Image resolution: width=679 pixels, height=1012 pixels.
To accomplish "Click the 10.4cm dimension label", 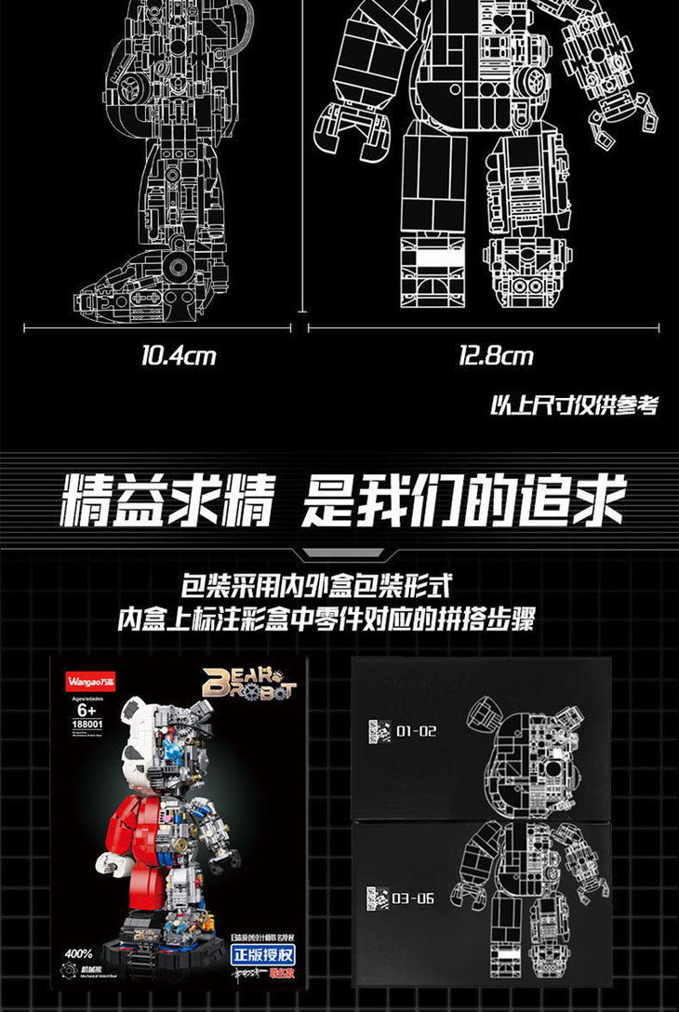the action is coord(178,355).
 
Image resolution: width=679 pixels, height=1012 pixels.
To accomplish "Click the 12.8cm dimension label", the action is coord(495,355).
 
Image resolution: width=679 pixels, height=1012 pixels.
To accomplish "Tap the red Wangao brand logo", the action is coord(86,672).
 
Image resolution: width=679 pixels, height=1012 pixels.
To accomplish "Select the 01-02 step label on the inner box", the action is coord(416,731).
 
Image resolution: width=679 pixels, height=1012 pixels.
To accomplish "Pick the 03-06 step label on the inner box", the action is coord(415,899).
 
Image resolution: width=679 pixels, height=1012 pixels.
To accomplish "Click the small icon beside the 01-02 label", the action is coord(378,731).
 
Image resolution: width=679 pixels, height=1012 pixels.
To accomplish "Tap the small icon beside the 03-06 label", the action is coord(378,899).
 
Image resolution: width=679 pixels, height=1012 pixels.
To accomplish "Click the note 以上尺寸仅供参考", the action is coord(573,406).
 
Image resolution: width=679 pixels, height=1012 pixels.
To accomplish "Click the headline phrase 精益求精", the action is coord(167,503).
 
